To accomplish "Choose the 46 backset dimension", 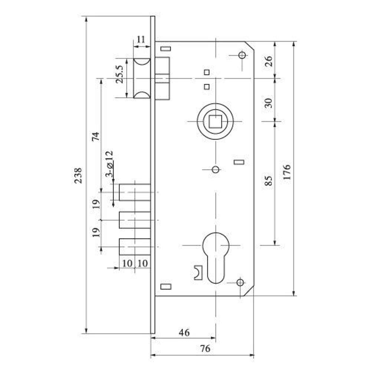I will coord(184,332).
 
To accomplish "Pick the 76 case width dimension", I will coord(205,349).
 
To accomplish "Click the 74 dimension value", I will coord(96,136).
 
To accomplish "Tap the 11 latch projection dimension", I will coord(141,39).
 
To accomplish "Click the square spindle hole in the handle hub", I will coord(215,121).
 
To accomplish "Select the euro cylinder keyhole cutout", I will coord(216,256).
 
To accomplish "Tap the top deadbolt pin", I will coord(135,192).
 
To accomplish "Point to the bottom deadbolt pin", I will coord(135,247).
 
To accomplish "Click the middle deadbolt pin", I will coord(135,220).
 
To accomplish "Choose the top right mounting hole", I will coord(242,55).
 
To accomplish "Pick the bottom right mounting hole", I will coord(240,282).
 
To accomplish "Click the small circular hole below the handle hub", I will coord(215,170).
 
